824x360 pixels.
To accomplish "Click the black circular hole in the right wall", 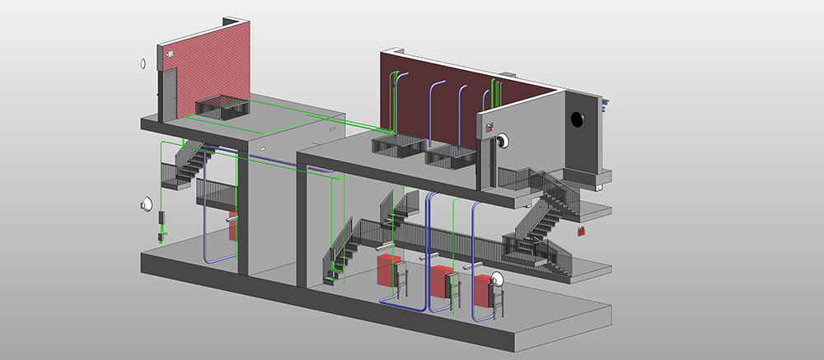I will (577, 119).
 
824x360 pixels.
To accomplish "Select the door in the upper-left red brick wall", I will (168, 91).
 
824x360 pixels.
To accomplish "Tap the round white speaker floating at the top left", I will (143, 62).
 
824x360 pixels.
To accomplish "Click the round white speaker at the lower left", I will (147, 202).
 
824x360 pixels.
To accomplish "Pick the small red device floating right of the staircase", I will (582, 231).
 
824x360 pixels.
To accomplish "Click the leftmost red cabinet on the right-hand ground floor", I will (389, 270).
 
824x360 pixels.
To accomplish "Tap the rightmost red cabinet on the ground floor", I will (485, 292).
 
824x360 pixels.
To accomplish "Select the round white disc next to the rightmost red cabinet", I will (499, 282).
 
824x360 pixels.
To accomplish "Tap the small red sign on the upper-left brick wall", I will (170, 54).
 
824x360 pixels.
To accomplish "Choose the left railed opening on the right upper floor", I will (396, 145).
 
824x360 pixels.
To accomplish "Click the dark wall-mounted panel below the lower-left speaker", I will (162, 217).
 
